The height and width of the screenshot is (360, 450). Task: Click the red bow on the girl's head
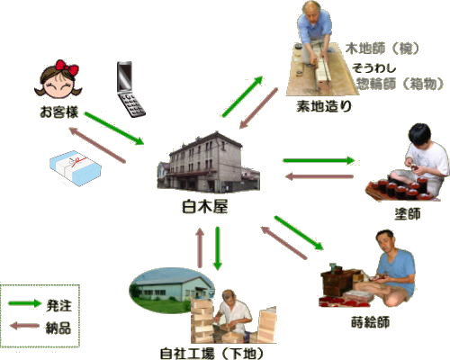[x=67, y=67]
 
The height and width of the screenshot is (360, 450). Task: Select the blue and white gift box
[x=76, y=168]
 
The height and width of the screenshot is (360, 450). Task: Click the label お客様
[x=59, y=112]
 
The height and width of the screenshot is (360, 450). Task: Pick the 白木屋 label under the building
[x=205, y=207]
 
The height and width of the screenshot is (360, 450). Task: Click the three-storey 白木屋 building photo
[x=209, y=163]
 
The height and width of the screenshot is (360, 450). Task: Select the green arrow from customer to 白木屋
[x=114, y=129]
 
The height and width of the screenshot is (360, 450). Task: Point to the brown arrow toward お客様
[x=97, y=145]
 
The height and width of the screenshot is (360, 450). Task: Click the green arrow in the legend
[x=24, y=303]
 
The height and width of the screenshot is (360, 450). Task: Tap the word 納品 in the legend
[x=58, y=328]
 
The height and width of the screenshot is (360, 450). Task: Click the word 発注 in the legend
[x=58, y=305]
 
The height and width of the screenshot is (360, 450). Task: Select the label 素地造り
[x=324, y=106]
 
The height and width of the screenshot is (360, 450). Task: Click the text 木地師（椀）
[x=382, y=49]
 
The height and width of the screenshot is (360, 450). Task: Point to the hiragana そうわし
[x=374, y=68]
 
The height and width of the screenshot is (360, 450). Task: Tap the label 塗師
[x=408, y=213]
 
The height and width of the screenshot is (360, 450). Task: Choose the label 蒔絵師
[x=371, y=322]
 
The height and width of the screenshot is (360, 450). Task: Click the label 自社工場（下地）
[x=211, y=354]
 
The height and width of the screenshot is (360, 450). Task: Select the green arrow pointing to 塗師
[x=319, y=160]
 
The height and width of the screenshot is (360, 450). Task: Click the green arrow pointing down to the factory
[x=218, y=248]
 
